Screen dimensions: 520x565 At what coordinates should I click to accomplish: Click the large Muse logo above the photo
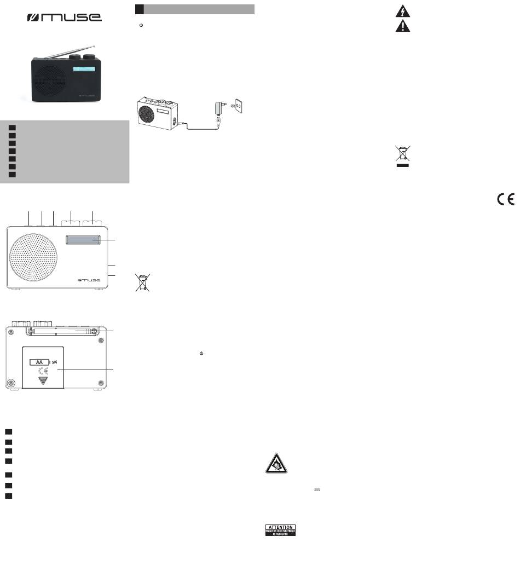tap(65, 18)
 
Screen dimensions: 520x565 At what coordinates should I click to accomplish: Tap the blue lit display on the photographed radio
tap(83, 70)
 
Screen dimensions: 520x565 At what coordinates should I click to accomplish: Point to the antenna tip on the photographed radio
tap(95, 45)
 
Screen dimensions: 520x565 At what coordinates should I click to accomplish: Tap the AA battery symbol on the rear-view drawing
tap(39, 362)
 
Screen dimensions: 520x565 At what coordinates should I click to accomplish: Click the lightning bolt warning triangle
tap(402, 11)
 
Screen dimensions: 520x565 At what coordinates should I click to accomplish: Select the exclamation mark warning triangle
tap(402, 26)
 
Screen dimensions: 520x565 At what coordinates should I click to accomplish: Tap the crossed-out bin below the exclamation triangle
tap(402, 155)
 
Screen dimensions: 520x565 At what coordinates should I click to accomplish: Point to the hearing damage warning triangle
tap(275, 465)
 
